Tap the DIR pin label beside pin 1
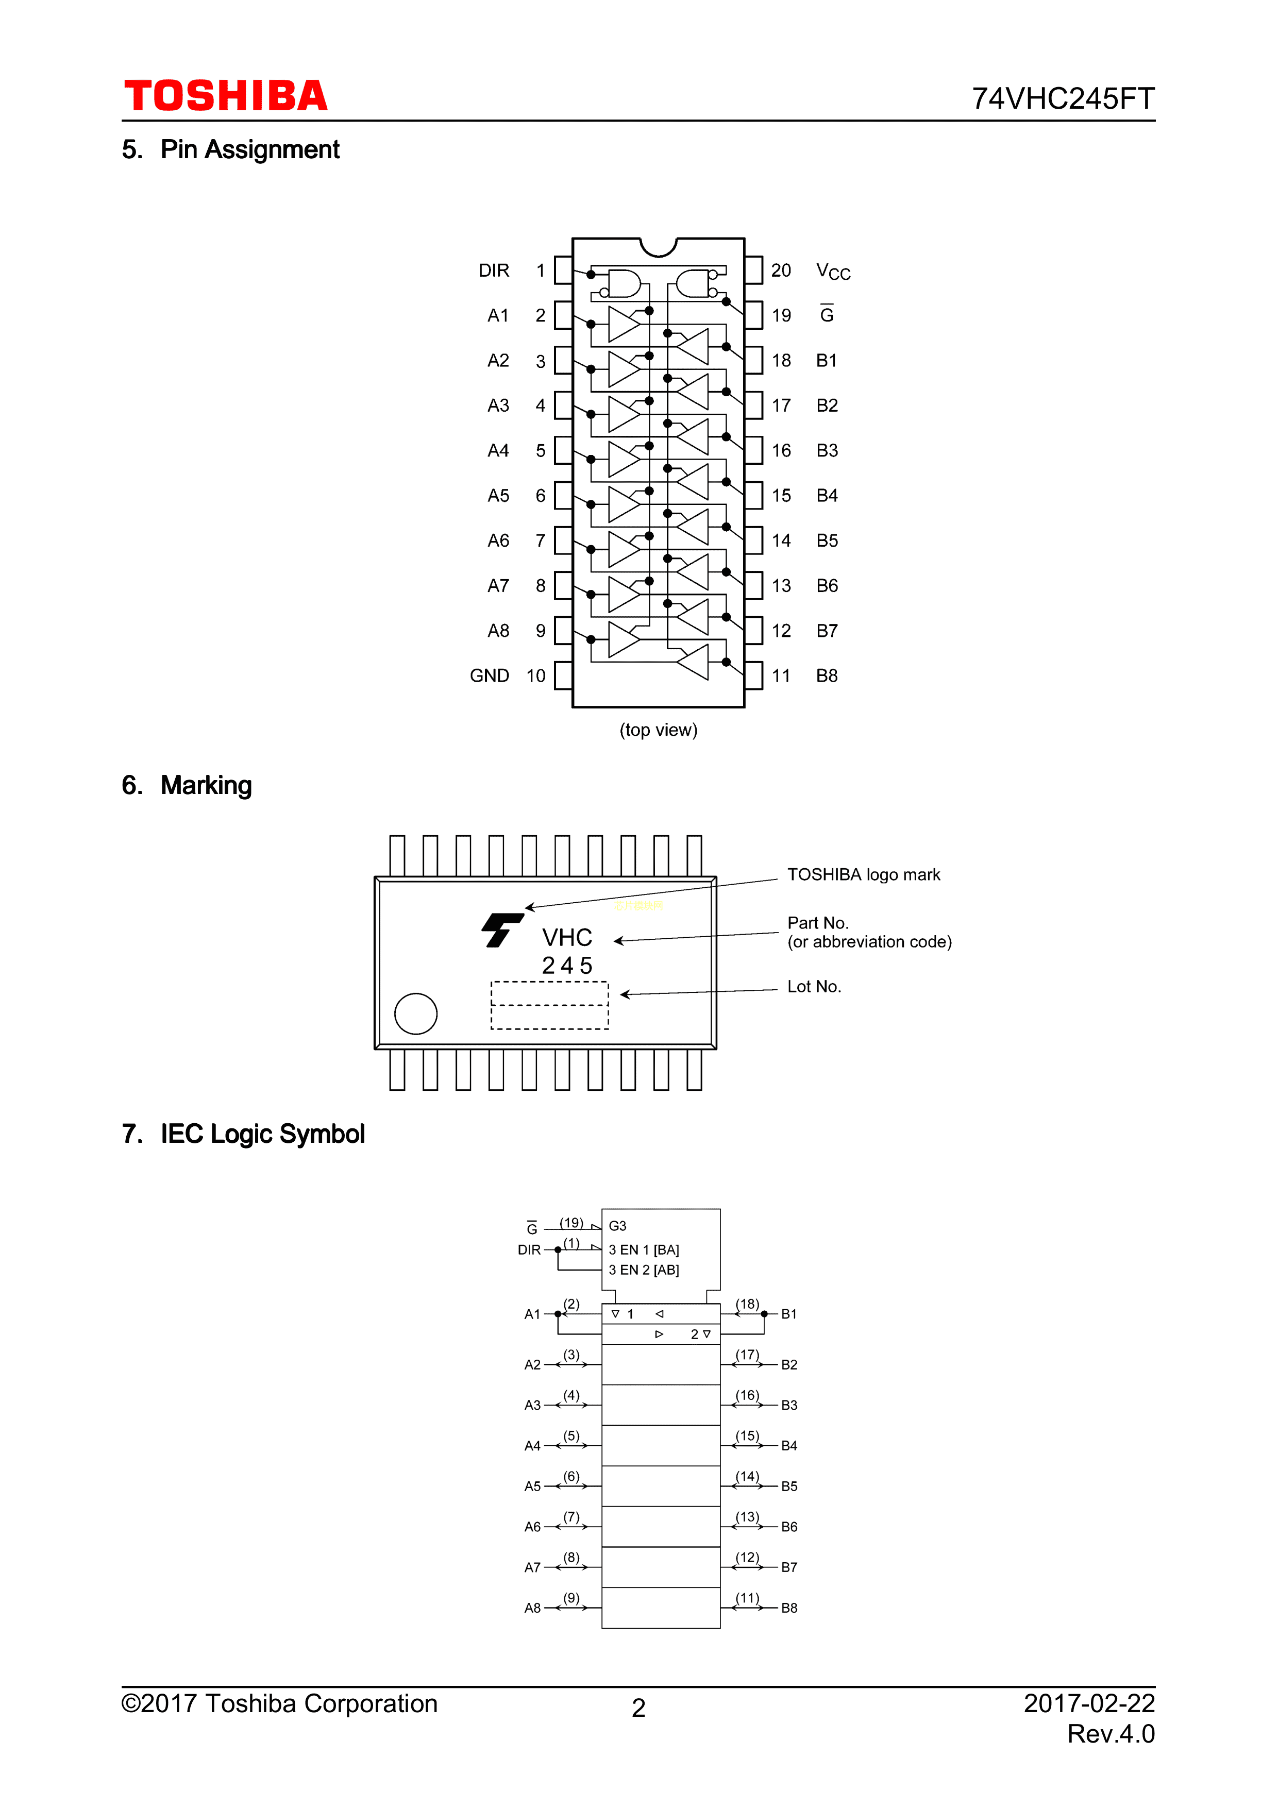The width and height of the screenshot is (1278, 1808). coord(494,271)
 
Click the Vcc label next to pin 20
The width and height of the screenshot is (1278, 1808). coord(832,272)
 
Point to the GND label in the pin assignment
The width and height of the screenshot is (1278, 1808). coord(489,675)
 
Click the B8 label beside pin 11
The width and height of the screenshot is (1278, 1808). coord(826,675)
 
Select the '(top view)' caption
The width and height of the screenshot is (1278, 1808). coord(658,730)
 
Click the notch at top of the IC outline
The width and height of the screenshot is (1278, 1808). coord(658,246)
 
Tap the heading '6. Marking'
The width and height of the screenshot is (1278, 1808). coord(188,785)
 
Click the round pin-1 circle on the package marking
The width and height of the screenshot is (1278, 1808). coord(416,1013)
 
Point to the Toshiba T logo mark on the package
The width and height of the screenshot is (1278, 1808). coord(501,930)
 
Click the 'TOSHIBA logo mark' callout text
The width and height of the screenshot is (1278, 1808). coord(863,875)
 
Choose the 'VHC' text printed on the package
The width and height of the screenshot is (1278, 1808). coord(567,937)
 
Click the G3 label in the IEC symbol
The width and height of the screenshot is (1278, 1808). coord(617,1226)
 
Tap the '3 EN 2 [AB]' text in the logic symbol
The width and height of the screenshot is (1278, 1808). coord(643,1270)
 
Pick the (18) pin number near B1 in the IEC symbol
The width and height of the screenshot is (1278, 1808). coord(747,1304)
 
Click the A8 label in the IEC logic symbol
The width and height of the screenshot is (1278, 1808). coord(532,1608)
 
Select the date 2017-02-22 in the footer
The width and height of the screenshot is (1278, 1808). coord(1089,1703)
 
